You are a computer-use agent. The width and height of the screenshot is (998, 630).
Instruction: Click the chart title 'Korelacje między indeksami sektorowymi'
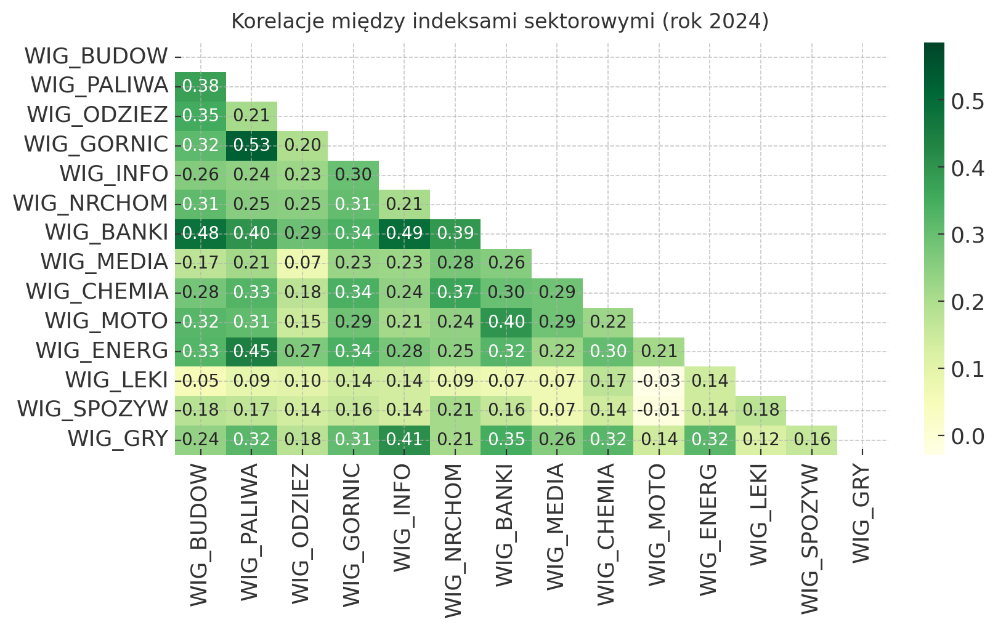(499, 22)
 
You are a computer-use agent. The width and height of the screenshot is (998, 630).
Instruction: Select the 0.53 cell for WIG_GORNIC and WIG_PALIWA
(251, 145)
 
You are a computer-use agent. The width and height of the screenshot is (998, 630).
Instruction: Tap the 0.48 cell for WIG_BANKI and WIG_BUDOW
(200, 233)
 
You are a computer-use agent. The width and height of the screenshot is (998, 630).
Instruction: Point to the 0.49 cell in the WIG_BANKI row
(404, 233)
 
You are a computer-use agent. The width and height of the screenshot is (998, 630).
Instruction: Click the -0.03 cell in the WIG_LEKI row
(659, 381)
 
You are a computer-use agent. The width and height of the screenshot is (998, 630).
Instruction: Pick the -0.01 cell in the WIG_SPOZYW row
(659, 410)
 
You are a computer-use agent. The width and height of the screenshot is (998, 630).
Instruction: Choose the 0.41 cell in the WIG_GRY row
(404, 440)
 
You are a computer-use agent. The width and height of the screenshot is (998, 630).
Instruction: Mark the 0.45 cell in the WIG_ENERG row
(251, 352)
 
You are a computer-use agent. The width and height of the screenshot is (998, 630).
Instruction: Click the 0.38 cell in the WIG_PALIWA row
(200, 86)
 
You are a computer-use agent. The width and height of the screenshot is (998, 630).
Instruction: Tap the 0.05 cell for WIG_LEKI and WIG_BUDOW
(200, 381)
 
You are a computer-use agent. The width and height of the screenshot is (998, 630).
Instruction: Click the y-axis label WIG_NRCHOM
(91, 204)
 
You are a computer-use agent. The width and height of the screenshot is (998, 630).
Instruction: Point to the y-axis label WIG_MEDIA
(104, 263)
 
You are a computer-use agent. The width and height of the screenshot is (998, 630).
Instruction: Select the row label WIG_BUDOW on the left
(96, 57)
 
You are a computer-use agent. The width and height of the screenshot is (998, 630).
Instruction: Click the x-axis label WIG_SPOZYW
(812, 539)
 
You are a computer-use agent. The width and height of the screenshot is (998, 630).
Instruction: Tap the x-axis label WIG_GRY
(862, 514)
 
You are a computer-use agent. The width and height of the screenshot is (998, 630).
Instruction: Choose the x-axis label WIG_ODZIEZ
(302, 534)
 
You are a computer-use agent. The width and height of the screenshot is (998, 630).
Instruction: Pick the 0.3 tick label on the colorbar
(967, 235)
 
